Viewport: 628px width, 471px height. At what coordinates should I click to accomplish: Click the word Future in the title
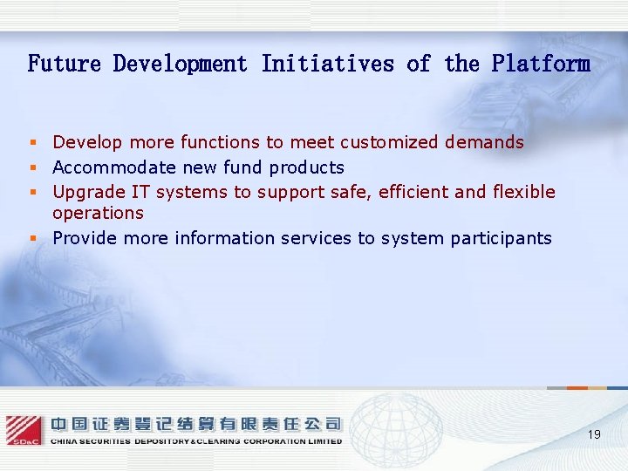pos(64,64)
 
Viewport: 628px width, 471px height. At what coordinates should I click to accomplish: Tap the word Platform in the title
pos(540,64)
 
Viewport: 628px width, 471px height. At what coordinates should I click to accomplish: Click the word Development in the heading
pos(181,64)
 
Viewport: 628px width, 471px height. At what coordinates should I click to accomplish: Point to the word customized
pos(390,142)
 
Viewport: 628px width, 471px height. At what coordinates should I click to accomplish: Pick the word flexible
pos(524,192)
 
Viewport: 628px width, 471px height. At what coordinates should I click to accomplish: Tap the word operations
pos(98,213)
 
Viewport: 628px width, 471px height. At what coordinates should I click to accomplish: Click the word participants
pos(501,238)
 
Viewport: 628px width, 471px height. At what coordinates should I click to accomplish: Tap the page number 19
pos(594,434)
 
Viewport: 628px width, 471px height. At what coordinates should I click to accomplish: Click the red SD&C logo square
pos(24,430)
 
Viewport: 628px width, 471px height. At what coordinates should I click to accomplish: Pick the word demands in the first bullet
pos(484,142)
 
